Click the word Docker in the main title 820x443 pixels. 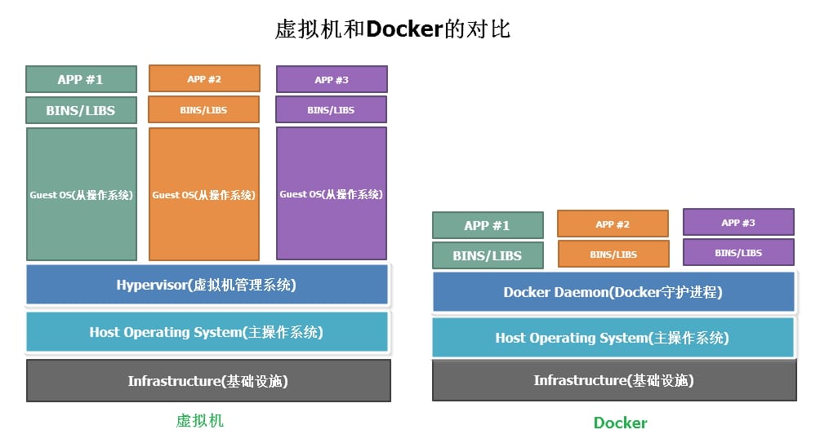(403, 29)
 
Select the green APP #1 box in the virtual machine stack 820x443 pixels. (81, 79)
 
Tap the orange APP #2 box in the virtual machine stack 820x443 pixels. (204, 78)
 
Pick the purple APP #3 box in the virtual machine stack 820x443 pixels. (332, 79)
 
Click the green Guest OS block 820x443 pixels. (82, 194)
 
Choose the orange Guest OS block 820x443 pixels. (204, 194)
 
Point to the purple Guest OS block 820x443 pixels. (332, 193)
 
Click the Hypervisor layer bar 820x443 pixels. (207, 285)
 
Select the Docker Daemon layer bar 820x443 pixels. (613, 292)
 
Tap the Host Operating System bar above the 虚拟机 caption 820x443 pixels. (207, 332)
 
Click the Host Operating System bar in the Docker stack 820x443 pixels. (613, 337)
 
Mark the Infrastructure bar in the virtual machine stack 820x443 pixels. (208, 380)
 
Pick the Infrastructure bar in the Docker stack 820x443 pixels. (613, 380)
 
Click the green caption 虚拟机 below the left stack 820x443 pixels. (200, 421)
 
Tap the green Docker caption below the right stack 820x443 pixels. (620, 423)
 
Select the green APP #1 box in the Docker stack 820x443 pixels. (488, 225)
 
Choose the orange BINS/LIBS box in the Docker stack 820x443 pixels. (613, 254)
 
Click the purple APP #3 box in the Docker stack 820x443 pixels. (738, 222)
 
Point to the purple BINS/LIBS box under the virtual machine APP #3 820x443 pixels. (332, 109)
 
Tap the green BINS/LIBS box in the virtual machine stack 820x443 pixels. (81, 110)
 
